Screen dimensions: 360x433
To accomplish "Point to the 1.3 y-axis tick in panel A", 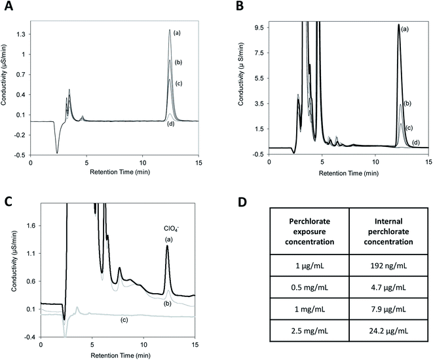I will (x=22, y=34).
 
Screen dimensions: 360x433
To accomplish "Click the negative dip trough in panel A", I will (x=58, y=152).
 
